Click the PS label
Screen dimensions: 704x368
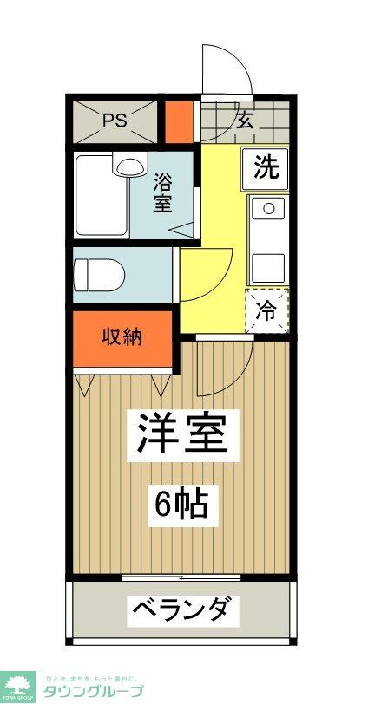115,121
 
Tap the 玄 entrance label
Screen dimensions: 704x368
245,121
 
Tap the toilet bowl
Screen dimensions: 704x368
102,275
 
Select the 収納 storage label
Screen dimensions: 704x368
122,337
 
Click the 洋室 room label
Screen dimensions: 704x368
184,433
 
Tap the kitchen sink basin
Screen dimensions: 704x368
268,208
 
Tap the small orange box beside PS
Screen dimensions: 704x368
180,121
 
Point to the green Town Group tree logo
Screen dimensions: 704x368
19,683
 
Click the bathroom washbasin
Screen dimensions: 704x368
129,164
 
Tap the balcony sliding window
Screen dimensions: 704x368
181,577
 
